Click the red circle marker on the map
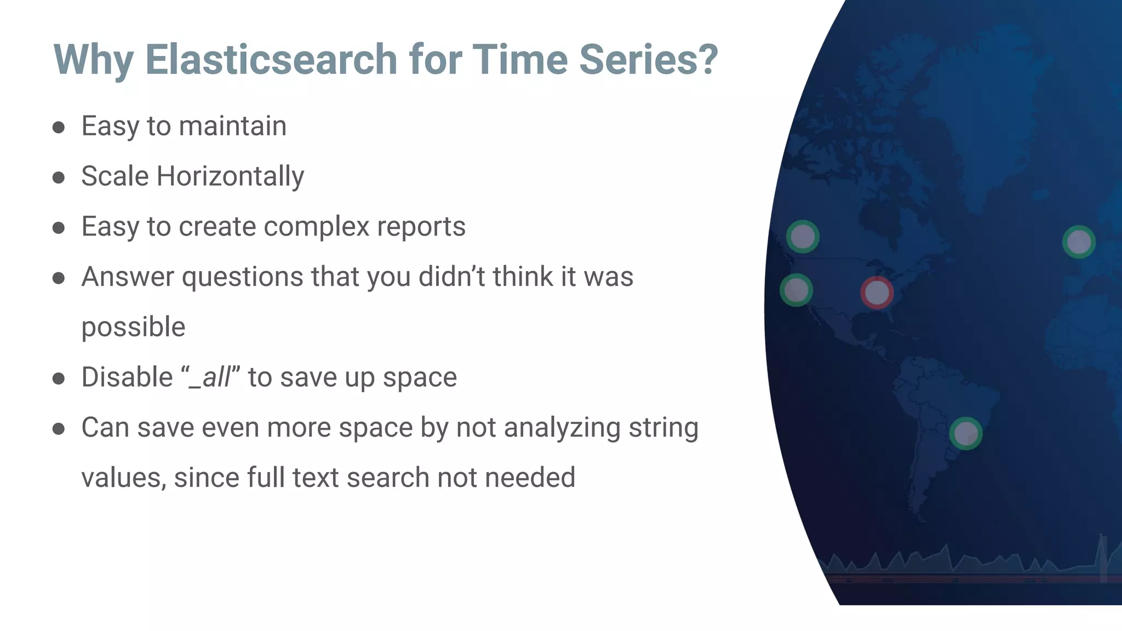pyautogui.click(x=877, y=292)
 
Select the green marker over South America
pyautogui.click(x=965, y=433)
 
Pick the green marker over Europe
pyautogui.click(x=1079, y=242)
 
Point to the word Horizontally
pyautogui.click(x=230, y=176)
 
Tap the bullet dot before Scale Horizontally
pyautogui.click(x=59, y=177)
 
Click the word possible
pyautogui.click(x=133, y=327)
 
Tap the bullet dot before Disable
pyautogui.click(x=59, y=378)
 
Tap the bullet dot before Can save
pyautogui.click(x=59, y=429)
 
